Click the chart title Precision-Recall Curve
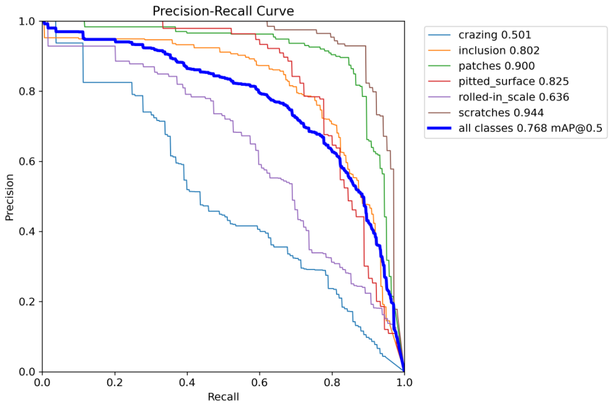pos(223,11)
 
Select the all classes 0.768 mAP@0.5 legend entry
pos(531,128)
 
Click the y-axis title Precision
pos(9,197)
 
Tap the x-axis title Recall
pos(223,397)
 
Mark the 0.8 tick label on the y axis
pos(29,91)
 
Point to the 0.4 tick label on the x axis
pos(187,382)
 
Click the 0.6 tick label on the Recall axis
pos(259,382)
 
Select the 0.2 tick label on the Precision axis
pos(29,302)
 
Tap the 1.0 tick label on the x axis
pos(404,382)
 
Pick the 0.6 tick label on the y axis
pos(29,161)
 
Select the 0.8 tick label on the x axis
pos(332,382)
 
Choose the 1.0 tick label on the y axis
pos(29,21)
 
